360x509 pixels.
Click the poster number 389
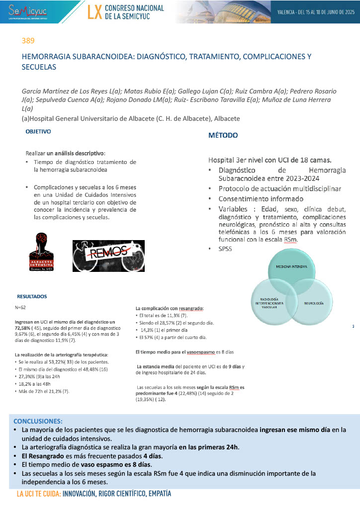[28, 40]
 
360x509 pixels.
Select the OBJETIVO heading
[38, 132]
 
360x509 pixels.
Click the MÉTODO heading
[223, 135]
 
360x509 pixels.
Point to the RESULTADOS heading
[32, 296]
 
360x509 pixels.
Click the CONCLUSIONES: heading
[38, 421]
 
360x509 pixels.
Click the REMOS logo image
[108, 254]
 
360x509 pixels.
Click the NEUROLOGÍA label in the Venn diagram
[314, 302]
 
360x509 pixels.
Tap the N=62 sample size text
[20, 308]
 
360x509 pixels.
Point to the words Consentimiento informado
[255, 199]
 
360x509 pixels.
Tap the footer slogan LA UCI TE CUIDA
[38, 495]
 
